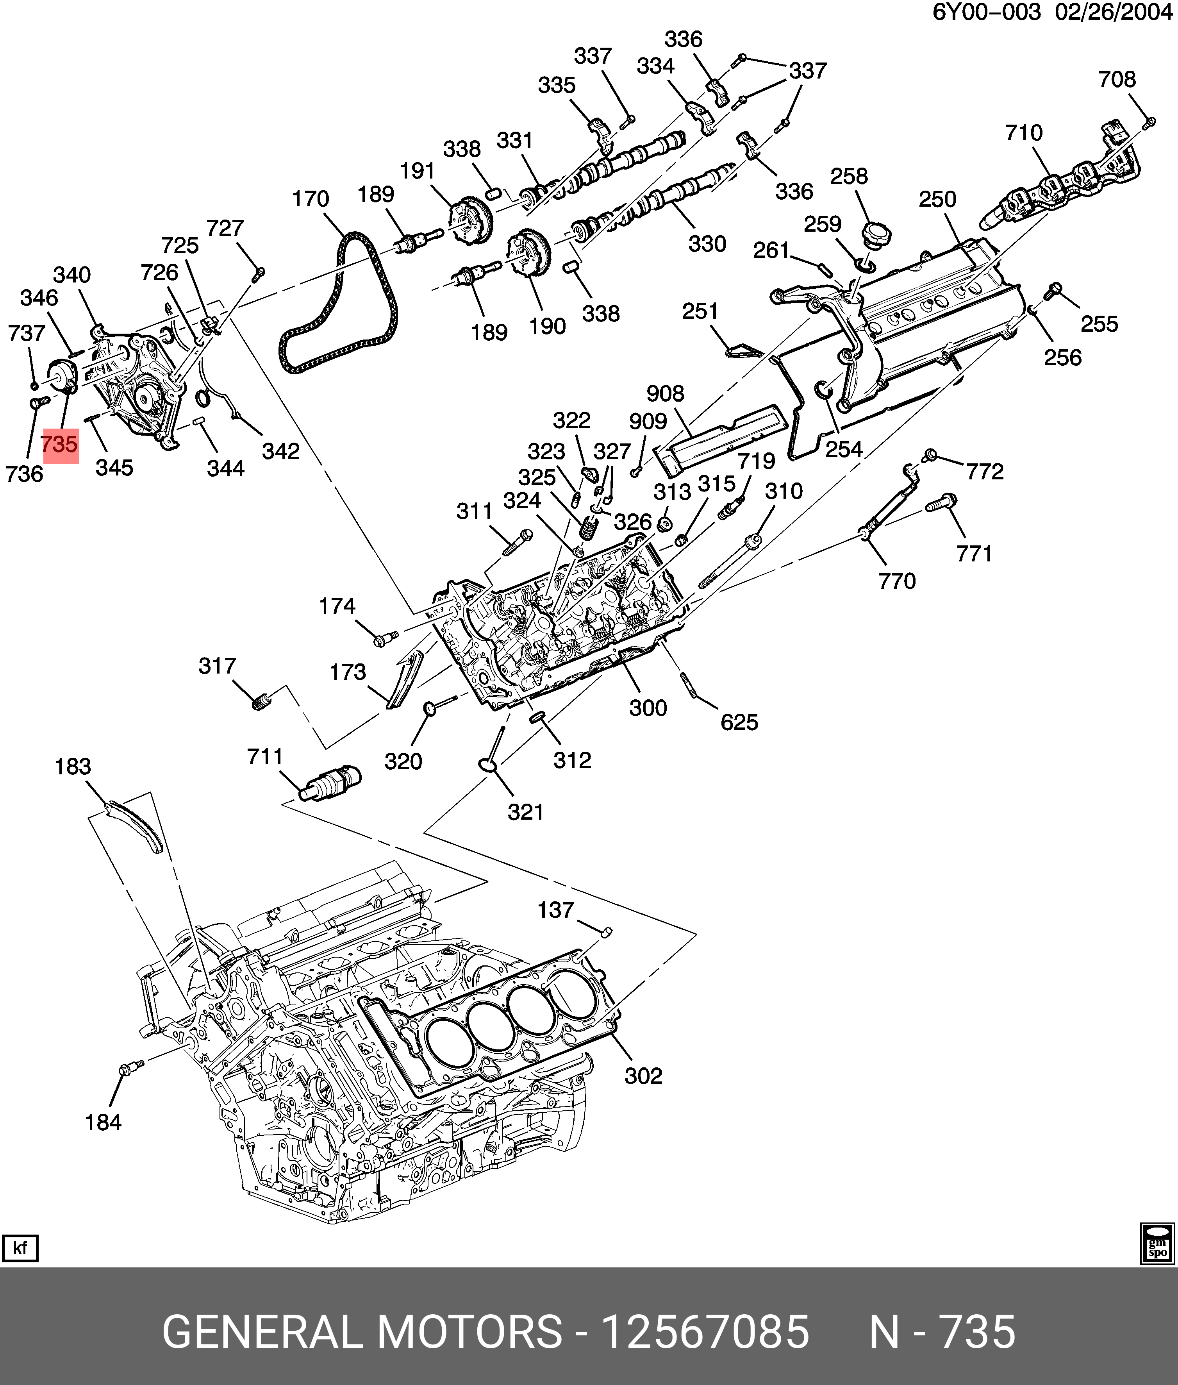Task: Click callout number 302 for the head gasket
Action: [643, 1076]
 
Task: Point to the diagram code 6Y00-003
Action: [986, 12]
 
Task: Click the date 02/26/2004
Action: [1113, 12]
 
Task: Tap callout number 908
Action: [665, 393]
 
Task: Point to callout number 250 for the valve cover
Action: [937, 199]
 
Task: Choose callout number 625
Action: [739, 722]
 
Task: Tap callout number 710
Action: [1024, 133]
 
